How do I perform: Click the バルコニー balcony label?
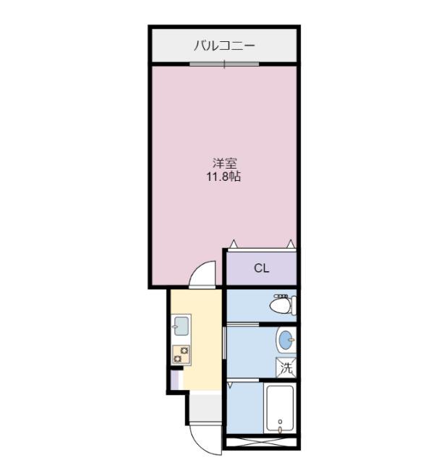coord(223,46)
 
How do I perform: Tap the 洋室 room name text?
coord(224,163)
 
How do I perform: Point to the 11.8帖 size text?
coord(224,176)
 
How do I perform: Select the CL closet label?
coord(261,268)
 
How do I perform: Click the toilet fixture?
coord(282,306)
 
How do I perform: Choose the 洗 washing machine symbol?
coord(287,368)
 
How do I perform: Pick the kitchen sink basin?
coord(181,326)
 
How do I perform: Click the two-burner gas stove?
coord(181,354)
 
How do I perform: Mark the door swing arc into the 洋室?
coord(203,274)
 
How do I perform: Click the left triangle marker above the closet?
coord(233,244)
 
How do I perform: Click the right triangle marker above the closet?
coord(291,244)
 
